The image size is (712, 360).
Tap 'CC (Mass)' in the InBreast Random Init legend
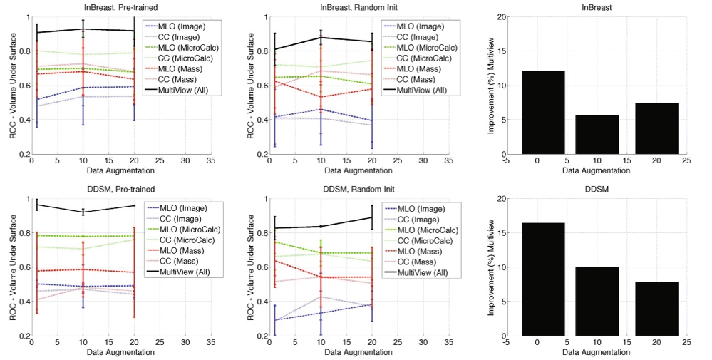coord(416,79)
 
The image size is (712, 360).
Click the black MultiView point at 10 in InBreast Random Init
coord(321,37)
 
